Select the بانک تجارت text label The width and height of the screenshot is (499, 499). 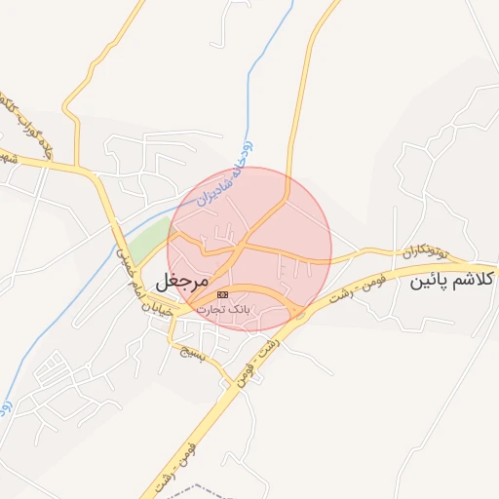tap(223, 308)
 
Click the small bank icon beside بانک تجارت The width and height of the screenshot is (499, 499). tap(223, 293)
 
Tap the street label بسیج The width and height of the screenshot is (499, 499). tap(196, 352)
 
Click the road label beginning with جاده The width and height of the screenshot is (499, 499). tap(29, 127)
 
